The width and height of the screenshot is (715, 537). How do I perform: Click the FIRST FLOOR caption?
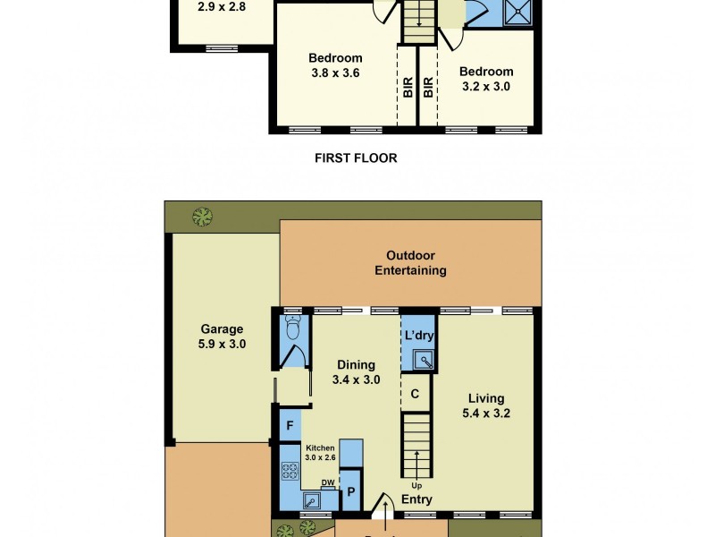(356, 158)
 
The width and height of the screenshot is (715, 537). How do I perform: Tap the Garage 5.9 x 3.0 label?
(223, 337)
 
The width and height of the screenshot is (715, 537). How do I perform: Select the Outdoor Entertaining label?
(410, 263)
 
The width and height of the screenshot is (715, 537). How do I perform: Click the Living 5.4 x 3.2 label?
(486, 405)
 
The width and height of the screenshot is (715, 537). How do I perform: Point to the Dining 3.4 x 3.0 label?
(356, 372)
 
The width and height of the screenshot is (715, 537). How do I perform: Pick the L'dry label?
(418, 337)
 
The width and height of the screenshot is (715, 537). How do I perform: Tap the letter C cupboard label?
(415, 393)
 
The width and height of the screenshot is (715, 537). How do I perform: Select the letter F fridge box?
(289, 426)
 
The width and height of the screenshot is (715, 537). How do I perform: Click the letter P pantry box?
(351, 492)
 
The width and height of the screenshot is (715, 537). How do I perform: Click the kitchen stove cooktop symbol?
(290, 473)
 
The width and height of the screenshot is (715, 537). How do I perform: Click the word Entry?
(416, 499)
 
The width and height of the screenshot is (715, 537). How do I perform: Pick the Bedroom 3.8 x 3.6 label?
(334, 66)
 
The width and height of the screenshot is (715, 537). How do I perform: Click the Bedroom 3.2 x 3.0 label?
(486, 79)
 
